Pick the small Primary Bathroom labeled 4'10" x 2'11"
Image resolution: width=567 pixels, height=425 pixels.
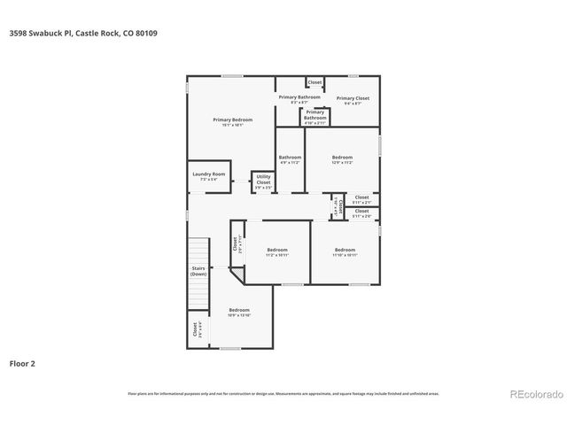(x=315, y=116)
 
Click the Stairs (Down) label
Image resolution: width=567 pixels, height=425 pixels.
(x=198, y=271)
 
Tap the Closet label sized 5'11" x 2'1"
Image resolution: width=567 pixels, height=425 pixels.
(x=361, y=199)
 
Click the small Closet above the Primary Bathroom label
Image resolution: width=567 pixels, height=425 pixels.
(x=315, y=82)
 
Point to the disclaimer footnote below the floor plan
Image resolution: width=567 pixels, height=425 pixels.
(x=283, y=393)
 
